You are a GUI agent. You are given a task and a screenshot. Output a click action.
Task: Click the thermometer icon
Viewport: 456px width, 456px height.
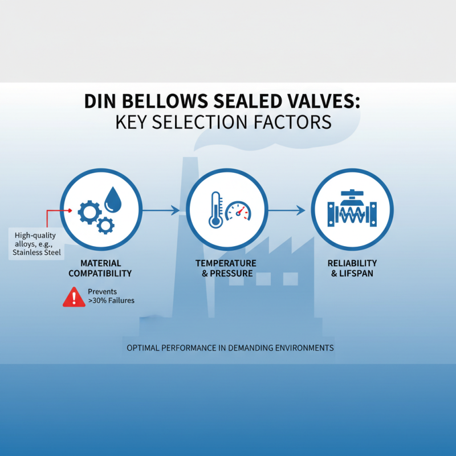[x=215, y=209]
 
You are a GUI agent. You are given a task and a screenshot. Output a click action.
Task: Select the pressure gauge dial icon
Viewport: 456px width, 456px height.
[x=238, y=212]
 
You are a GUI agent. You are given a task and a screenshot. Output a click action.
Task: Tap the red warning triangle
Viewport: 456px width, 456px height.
[x=74, y=296]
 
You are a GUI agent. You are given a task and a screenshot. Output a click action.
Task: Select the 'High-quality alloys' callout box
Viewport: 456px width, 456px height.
[x=36, y=243]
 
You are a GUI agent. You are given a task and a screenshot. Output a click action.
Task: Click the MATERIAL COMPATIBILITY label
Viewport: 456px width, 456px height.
[x=100, y=268]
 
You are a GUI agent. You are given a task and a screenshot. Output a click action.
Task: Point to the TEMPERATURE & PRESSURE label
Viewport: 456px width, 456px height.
[x=226, y=268]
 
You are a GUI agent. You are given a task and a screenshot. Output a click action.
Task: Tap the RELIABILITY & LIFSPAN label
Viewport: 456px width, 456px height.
[x=352, y=268]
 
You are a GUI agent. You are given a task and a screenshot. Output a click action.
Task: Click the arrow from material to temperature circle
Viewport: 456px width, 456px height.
[x=161, y=211]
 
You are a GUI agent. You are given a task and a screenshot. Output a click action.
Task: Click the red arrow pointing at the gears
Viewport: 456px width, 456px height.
[x=57, y=210]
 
